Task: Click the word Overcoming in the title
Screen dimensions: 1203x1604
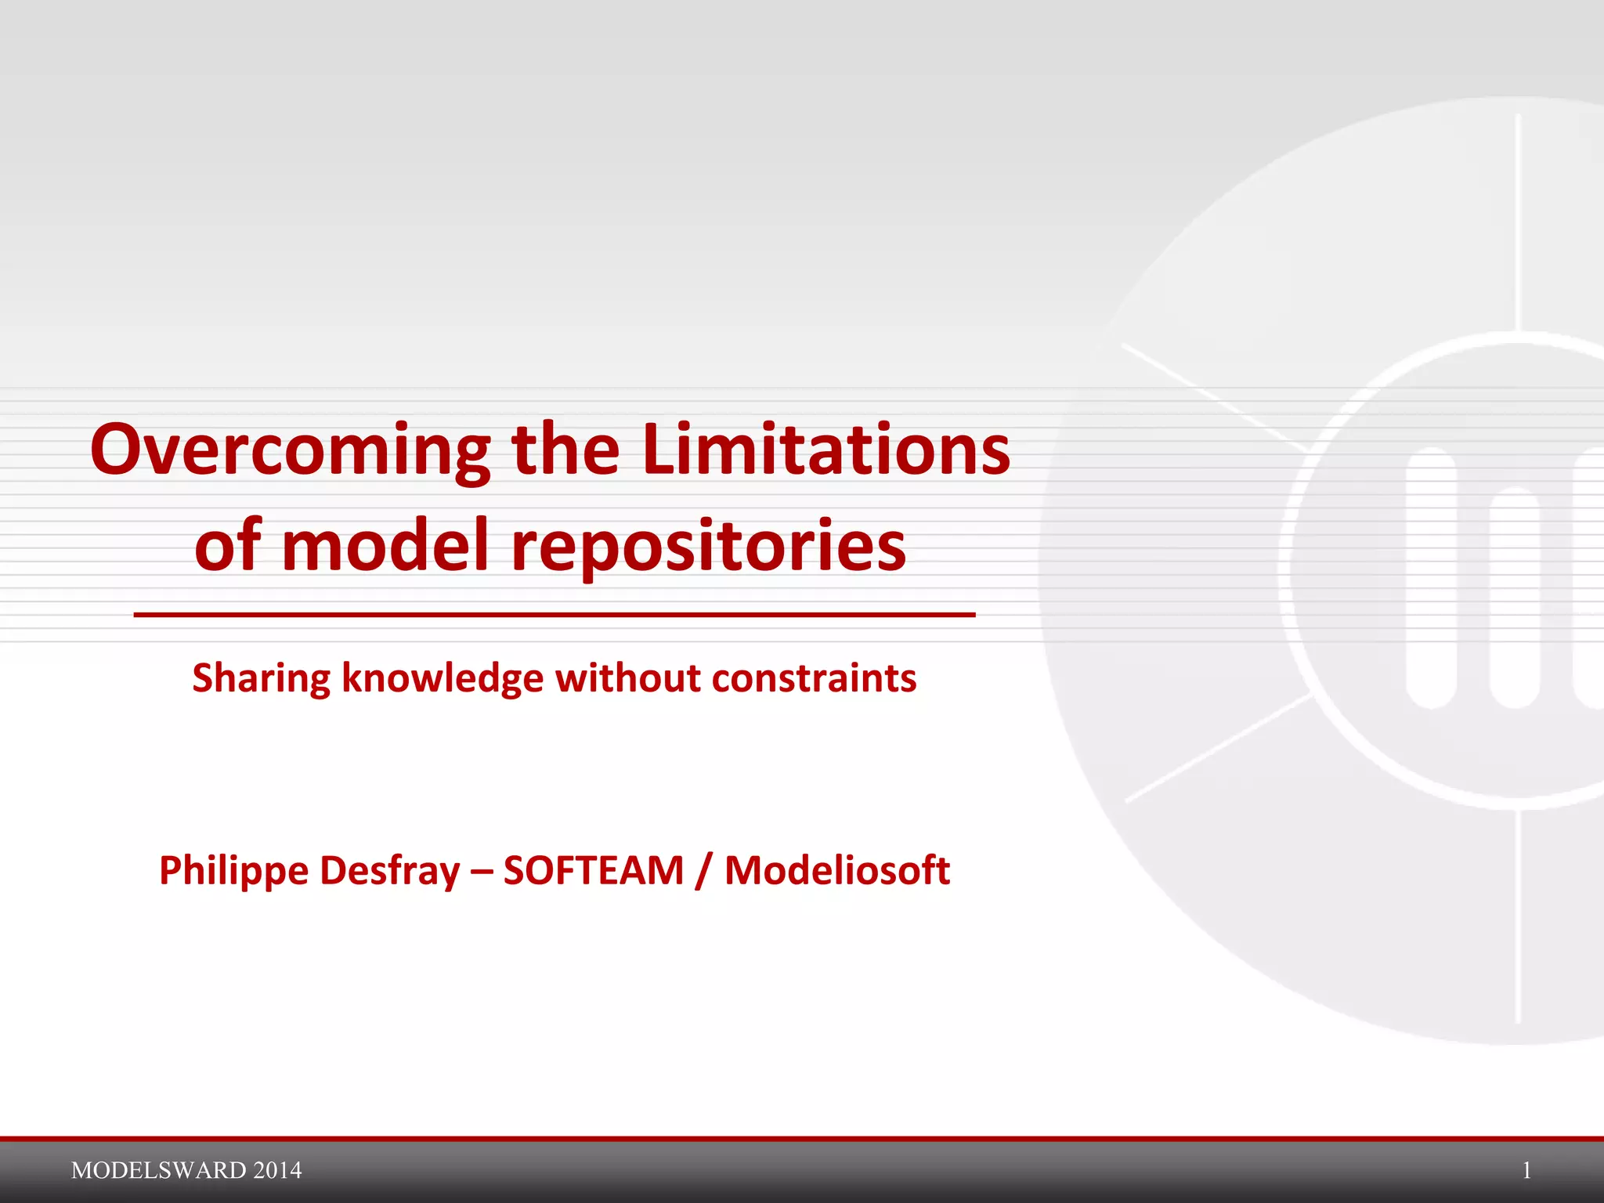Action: [x=291, y=451]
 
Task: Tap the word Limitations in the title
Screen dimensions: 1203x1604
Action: [x=826, y=450]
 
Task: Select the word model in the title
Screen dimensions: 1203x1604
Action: [x=385, y=546]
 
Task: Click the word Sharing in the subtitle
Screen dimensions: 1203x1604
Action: [x=261, y=679]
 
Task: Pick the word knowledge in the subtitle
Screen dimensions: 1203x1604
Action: [x=443, y=678]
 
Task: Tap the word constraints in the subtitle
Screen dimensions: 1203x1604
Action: [x=814, y=678]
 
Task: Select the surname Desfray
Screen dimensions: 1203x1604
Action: [x=390, y=871]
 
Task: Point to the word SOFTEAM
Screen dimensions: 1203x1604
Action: [x=594, y=871]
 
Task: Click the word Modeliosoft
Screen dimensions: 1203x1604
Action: [x=836, y=871]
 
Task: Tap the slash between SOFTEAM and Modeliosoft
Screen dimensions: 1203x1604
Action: [x=704, y=872]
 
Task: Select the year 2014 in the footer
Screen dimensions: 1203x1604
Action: [x=278, y=1170]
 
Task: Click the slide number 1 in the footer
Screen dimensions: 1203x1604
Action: [x=1526, y=1170]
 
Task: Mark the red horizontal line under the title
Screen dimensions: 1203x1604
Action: [x=555, y=615]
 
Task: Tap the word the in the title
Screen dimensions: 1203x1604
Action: [x=565, y=450]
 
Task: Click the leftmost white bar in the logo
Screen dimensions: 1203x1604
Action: [x=1431, y=577]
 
